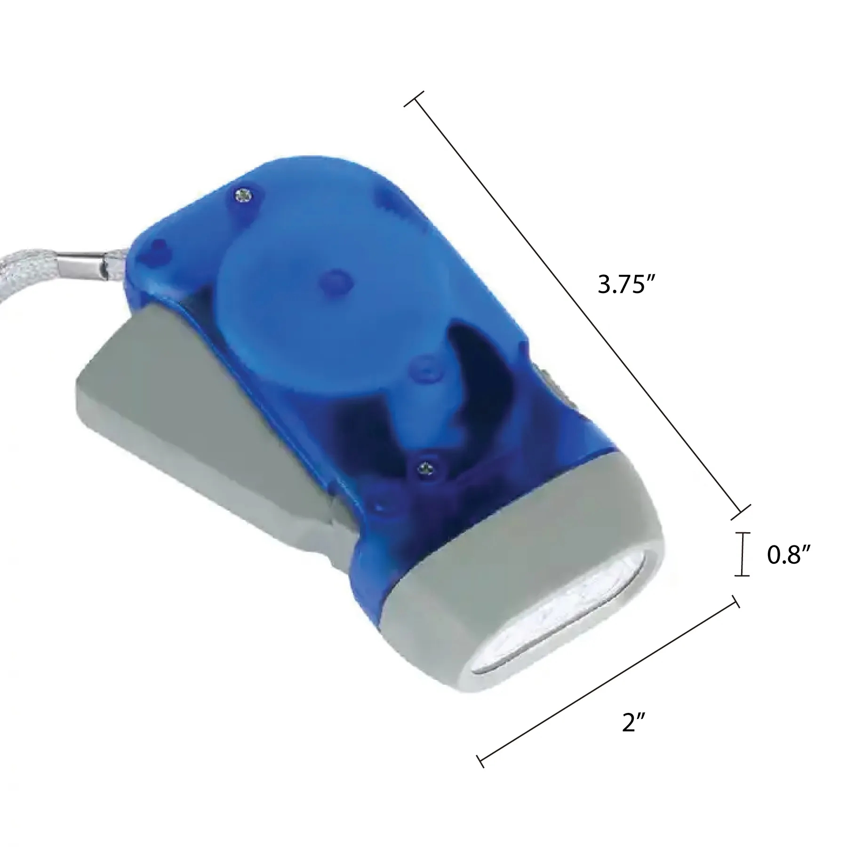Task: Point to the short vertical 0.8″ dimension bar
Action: [x=742, y=554]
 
